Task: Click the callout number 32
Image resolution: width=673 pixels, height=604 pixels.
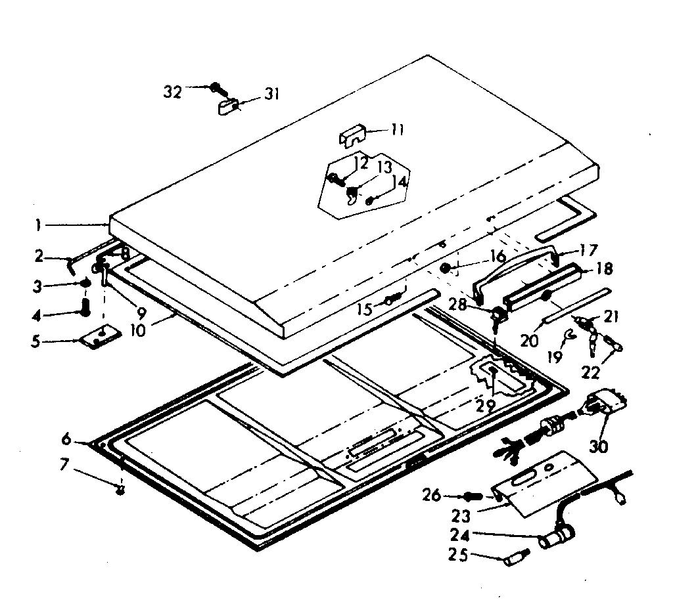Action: click(173, 92)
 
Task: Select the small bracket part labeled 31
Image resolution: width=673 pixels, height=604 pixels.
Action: click(228, 106)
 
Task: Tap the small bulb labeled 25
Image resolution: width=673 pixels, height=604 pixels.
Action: click(516, 559)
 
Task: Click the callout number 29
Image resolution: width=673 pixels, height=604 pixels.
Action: click(486, 405)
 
